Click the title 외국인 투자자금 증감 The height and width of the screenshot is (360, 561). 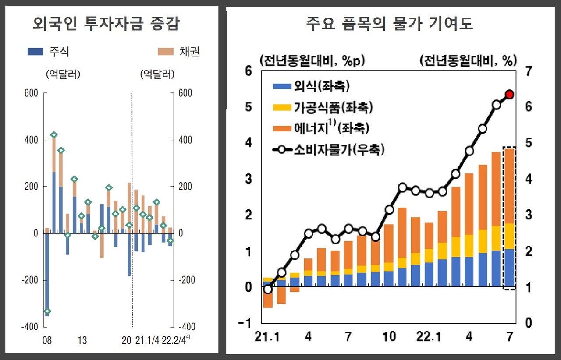pyautogui.click(x=106, y=24)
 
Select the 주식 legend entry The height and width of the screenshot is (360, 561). pyautogui.click(x=48, y=52)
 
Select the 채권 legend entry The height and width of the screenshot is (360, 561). pyautogui.click(x=178, y=52)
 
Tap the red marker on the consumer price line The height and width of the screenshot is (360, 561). pyautogui.click(x=510, y=94)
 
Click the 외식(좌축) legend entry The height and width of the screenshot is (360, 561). pyautogui.click(x=311, y=86)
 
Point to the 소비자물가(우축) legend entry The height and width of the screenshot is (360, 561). pyautogui.click(x=328, y=150)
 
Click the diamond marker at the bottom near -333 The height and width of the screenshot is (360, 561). pyautogui.click(x=47, y=311)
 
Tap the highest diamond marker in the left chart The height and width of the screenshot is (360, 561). pyautogui.click(x=54, y=135)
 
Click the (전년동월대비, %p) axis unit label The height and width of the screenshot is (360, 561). pyautogui.click(x=312, y=60)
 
